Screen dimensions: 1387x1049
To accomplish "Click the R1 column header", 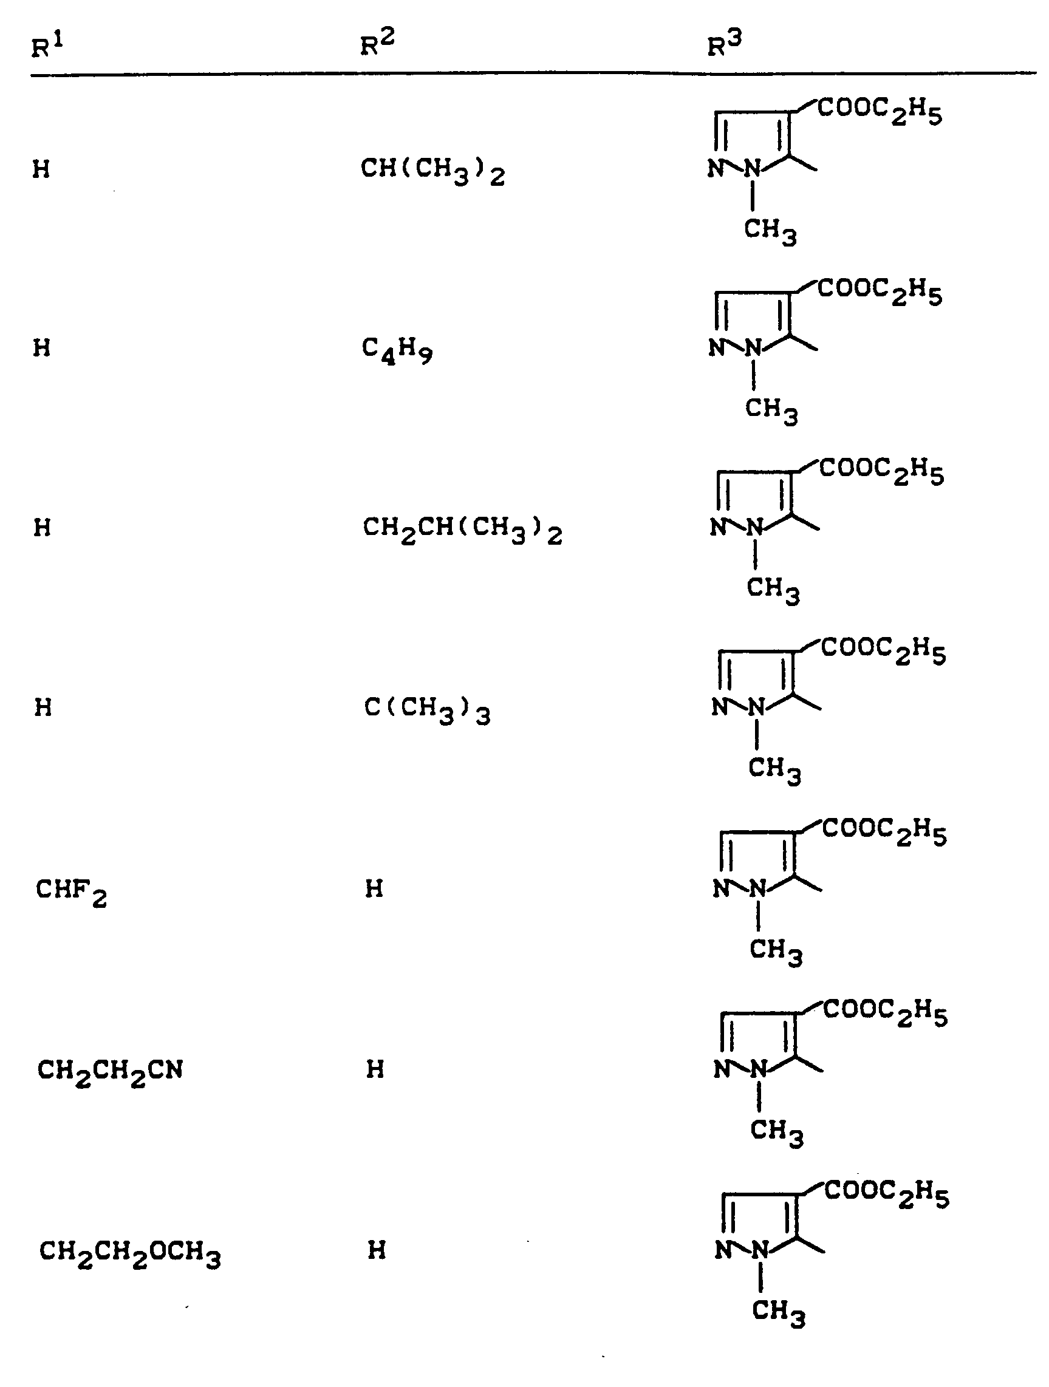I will [x=47, y=46].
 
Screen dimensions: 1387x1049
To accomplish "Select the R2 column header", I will [x=377, y=43].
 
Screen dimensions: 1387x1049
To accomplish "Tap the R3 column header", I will [x=724, y=43].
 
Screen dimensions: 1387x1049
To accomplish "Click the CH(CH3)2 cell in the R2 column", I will [x=432, y=171].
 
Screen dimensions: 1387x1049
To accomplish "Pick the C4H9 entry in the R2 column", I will [x=397, y=350].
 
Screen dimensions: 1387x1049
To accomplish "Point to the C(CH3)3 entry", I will [x=427, y=710].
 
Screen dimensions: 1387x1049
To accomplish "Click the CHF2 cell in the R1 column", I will [x=71, y=891].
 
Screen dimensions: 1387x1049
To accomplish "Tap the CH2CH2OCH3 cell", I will [x=130, y=1252].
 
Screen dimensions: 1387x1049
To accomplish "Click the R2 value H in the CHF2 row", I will [x=374, y=888].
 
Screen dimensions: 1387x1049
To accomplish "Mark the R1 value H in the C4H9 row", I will [x=42, y=348].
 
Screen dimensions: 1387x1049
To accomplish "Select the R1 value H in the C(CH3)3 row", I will [x=43, y=708].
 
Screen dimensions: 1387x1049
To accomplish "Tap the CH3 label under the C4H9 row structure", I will [x=771, y=411].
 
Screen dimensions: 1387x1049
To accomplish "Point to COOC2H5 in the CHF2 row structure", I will [x=884, y=831].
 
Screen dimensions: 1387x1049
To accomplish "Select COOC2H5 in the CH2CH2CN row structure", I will [x=886, y=1012].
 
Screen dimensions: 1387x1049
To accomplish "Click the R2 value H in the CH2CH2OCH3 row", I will [x=376, y=1250].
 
